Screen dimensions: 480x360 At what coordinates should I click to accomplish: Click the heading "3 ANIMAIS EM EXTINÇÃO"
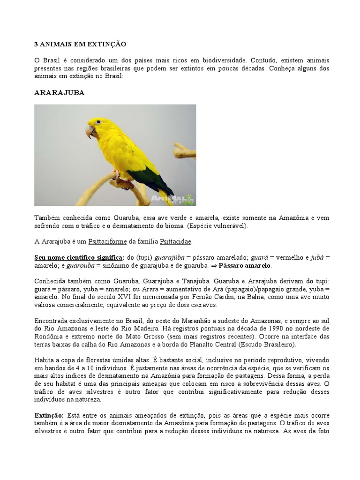80,44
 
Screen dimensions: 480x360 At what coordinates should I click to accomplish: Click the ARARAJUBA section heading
59,92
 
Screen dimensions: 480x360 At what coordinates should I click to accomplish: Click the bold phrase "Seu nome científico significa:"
79,257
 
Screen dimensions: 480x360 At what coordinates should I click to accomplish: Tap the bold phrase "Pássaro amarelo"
248,265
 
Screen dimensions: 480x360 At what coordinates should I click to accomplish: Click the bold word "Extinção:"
49,416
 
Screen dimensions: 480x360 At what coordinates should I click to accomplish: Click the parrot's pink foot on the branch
117,176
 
